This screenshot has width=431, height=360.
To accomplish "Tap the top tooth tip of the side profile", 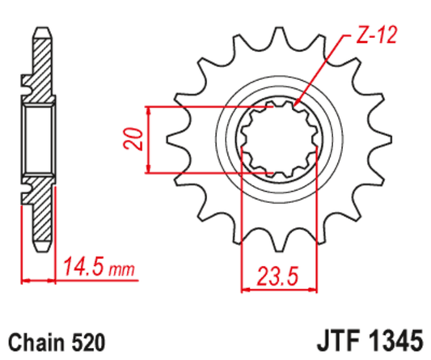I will click(41, 32).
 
